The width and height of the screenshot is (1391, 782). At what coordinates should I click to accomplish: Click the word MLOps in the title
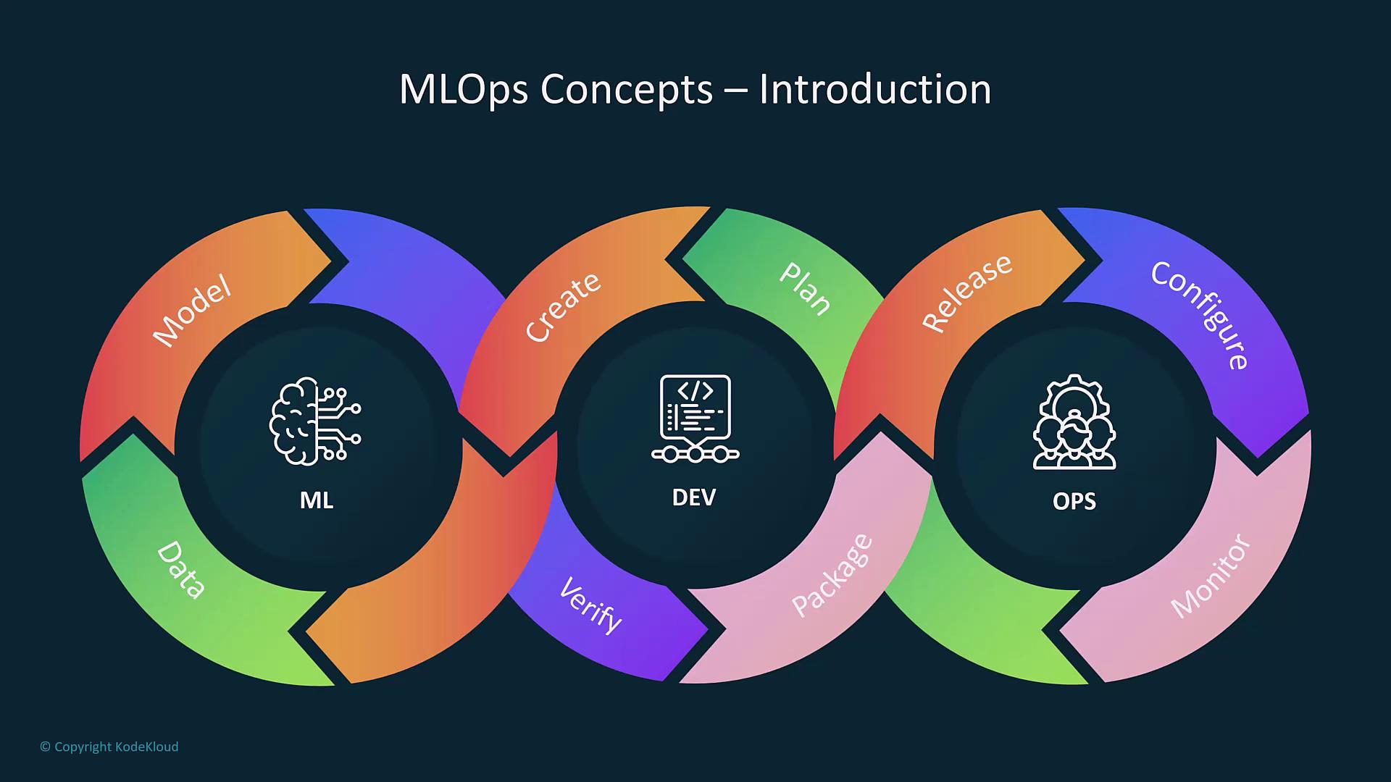click(464, 90)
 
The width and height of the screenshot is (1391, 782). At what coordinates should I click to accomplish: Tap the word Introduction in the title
click(874, 90)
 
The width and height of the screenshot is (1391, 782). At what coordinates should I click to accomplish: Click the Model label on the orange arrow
click(192, 311)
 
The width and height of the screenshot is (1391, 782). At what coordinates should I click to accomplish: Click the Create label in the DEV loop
click(563, 306)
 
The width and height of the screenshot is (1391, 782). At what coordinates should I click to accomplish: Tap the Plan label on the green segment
click(805, 289)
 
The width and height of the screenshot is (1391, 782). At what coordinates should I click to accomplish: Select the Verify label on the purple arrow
click(590, 605)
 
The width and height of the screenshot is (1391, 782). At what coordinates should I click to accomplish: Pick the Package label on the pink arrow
click(832, 575)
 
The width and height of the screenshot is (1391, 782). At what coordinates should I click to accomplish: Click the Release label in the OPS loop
click(967, 293)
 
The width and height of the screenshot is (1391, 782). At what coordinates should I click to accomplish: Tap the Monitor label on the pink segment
click(1211, 576)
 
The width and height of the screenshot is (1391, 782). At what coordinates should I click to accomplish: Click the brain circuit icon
click(315, 421)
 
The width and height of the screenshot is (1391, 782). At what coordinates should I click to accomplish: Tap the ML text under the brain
click(317, 500)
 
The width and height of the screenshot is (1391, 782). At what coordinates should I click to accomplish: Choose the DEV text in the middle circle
click(694, 497)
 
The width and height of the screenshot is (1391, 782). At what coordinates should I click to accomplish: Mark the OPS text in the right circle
click(1074, 501)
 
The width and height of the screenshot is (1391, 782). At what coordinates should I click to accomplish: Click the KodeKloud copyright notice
click(109, 747)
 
